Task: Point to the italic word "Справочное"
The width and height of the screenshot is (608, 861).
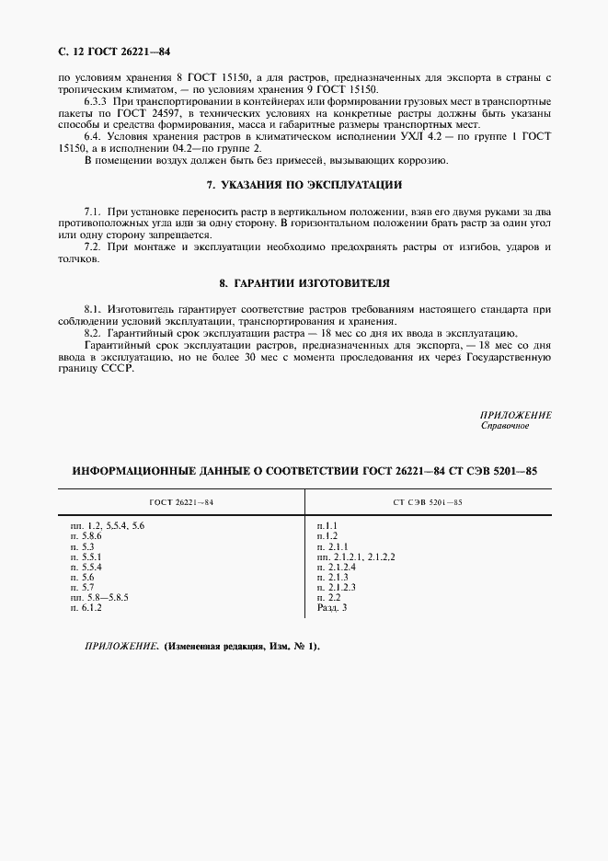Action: tap(505, 426)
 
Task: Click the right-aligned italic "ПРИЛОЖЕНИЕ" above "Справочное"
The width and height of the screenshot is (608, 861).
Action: tap(515, 415)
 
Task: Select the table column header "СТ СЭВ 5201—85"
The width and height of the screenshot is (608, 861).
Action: tap(428, 502)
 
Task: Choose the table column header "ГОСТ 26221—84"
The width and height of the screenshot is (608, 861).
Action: tap(181, 502)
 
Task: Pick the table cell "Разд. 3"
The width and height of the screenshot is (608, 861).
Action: tap(333, 607)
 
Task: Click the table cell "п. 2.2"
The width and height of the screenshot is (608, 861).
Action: tap(329, 597)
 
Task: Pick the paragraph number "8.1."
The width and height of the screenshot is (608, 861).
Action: tap(92, 309)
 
